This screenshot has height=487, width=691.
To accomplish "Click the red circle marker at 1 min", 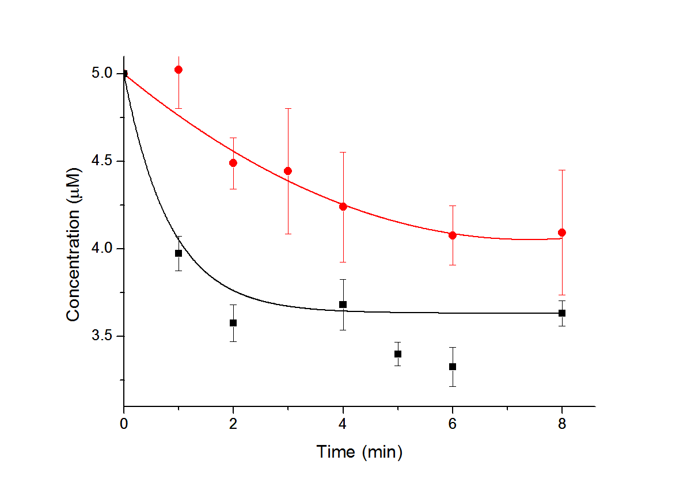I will coord(179,70).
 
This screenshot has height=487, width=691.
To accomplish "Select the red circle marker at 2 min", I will coord(233,163).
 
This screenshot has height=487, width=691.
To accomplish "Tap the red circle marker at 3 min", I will coord(288,171).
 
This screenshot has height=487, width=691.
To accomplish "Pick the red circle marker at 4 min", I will coord(343,207).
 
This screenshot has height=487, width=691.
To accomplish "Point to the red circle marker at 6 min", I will coord(453,235).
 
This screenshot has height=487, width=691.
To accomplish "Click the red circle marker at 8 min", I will coord(562,233).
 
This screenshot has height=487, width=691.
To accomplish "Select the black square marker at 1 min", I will coord(179,253).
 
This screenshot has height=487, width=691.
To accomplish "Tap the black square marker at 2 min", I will coord(233,323).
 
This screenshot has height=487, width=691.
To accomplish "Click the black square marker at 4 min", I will coord(343,305).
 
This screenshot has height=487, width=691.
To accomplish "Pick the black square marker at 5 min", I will coord(398,354).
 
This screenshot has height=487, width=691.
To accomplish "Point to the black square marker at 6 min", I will coord(453,367).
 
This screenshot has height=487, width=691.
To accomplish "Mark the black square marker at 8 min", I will coord(562,313).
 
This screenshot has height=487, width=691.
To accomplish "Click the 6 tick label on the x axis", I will coord(453,424).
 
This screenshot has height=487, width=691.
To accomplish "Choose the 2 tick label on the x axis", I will coord(233,424).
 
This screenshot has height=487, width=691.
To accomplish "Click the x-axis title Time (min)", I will coord(359,452).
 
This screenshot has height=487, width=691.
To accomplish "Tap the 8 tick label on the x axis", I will coord(562,424).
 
